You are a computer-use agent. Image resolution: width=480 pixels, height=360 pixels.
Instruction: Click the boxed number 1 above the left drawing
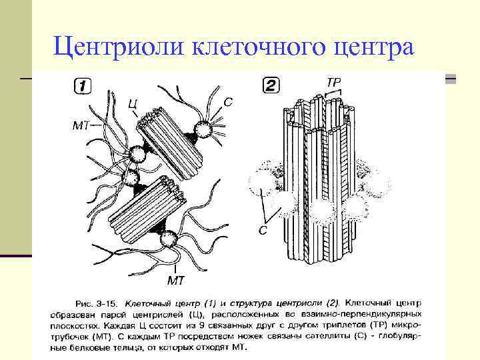pyautogui.click(x=81, y=85)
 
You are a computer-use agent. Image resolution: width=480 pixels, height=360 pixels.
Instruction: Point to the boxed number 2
pyautogui.click(x=271, y=85)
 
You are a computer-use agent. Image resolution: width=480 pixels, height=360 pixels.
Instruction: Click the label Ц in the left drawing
pyautogui.click(x=133, y=103)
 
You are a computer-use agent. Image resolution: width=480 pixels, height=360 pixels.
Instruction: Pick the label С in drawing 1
pyautogui.click(x=228, y=101)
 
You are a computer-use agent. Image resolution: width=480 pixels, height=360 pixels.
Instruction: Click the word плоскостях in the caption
pyautogui.click(x=75, y=325)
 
